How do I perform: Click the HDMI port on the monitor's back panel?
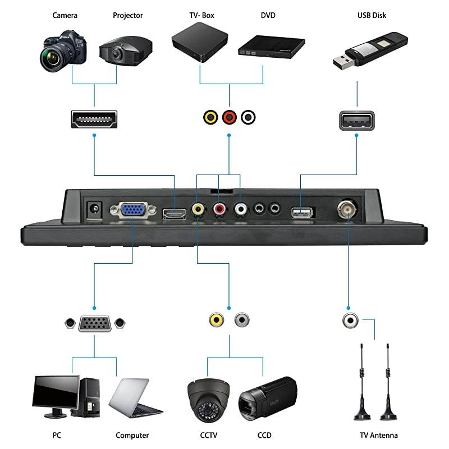(174, 213)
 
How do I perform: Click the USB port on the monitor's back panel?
(302, 213)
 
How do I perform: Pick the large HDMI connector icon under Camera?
(94, 120)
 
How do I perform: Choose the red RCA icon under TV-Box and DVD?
(229, 117)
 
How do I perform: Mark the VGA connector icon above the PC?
(94, 324)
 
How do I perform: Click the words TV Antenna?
(379, 435)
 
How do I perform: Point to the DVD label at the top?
(268, 15)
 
